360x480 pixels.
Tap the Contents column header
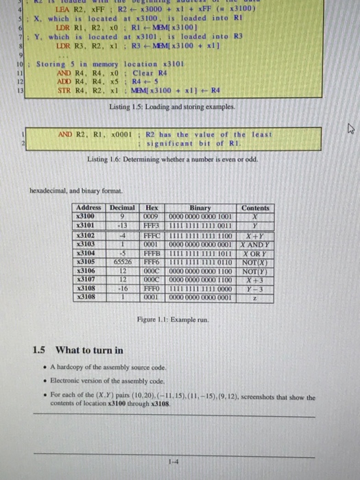255,208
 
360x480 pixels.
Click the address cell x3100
86,215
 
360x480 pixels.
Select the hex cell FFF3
151,223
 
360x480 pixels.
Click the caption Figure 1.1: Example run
171,320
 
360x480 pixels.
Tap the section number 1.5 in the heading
40,350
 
